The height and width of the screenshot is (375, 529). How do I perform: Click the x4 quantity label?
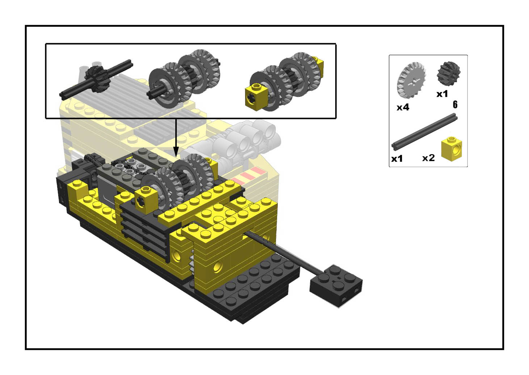(403, 107)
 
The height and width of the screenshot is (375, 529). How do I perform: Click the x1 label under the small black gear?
(442, 94)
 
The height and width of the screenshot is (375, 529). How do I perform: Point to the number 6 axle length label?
(455, 105)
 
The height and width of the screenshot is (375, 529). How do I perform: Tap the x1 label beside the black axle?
(397, 158)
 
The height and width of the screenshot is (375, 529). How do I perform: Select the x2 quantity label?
(428, 158)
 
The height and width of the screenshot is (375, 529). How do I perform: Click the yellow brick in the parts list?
(452, 149)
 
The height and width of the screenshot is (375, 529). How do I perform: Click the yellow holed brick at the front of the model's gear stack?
(147, 201)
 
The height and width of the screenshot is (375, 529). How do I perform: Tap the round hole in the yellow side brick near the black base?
(218, 267)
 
